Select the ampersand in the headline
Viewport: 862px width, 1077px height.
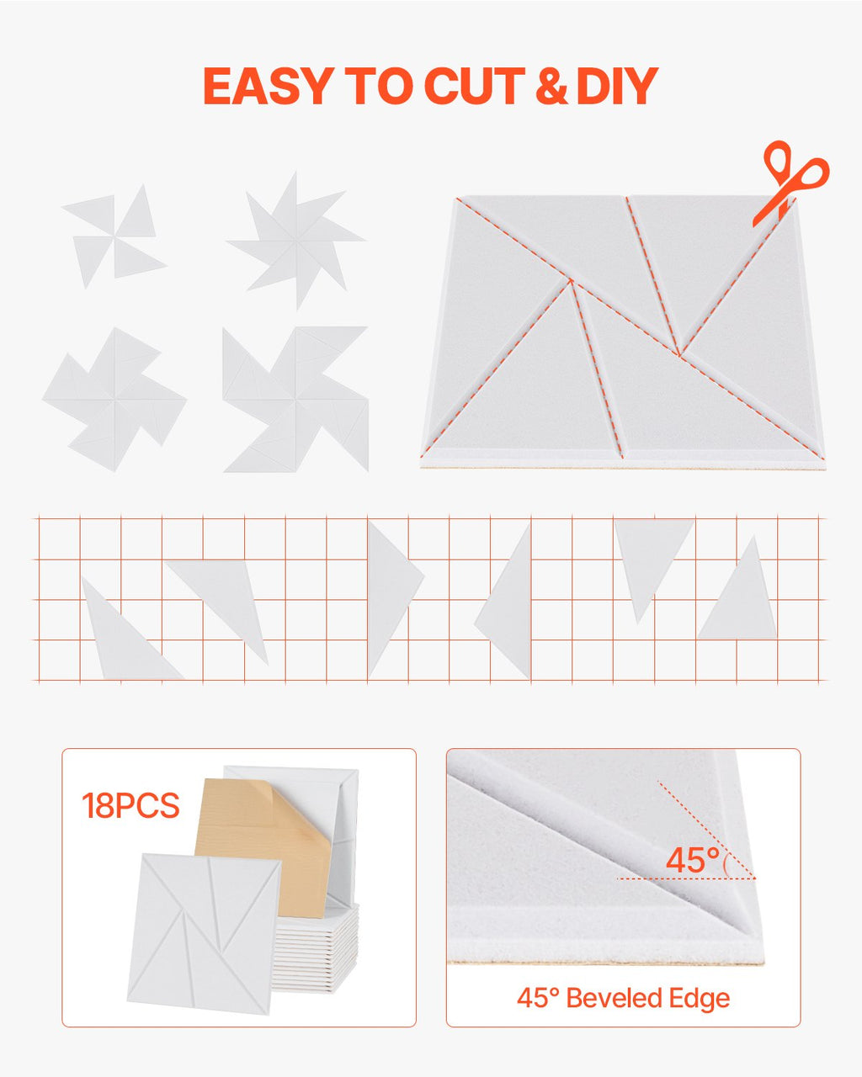(551, 86)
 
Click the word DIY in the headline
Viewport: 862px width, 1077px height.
(617, 86)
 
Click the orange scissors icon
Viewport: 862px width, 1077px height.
(790, 183)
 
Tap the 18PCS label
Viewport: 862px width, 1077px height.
(130, 805)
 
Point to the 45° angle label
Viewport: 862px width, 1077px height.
(693, 860)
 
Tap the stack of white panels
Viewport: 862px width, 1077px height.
(316, 948)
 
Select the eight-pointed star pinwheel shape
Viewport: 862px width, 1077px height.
(296, 241)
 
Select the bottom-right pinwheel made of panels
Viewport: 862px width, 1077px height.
(295, 400)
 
